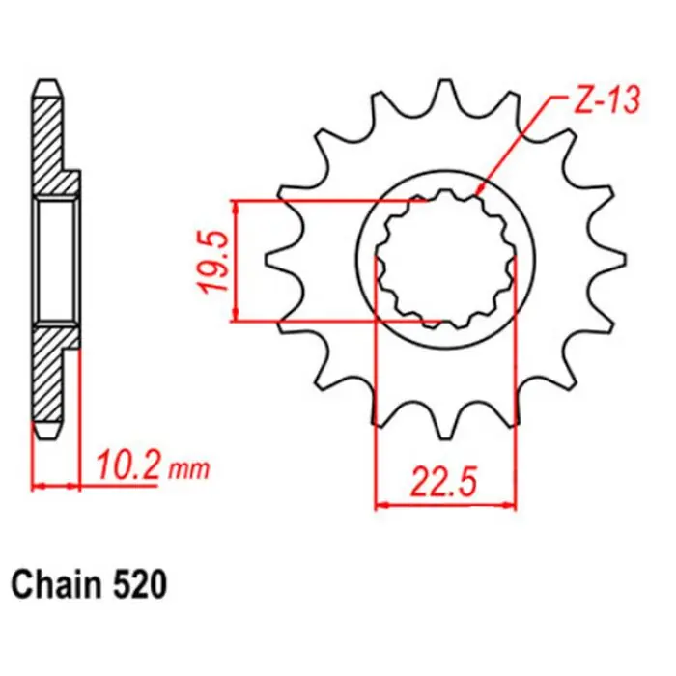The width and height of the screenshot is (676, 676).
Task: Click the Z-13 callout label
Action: click(x=607, y=101)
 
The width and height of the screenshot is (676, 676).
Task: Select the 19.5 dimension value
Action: click(x=214, y=262)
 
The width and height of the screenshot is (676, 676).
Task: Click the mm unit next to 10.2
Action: click(x=189, y=470)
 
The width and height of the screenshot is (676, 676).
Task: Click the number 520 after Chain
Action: click(x=140, y=585)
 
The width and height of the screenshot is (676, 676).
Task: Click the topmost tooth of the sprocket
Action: click(x=446, y=93)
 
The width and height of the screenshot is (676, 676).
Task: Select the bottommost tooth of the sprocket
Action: click(x=446, y=426)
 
